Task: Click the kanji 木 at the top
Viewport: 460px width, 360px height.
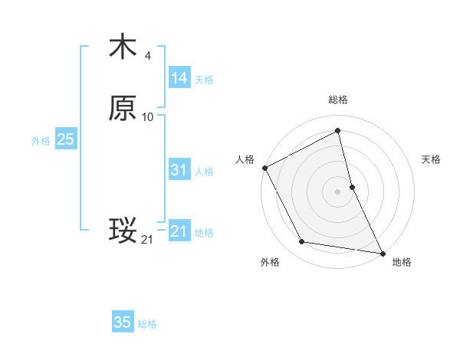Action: coord(123,47)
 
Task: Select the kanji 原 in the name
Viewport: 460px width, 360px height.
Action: coord(123,109)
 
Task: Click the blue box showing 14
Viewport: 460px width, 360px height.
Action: coord(179,78)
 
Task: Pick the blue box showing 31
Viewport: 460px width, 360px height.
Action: coord(179,170)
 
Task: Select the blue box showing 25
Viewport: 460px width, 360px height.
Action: coord(65,139)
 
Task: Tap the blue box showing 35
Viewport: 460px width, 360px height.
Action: coord(123,322)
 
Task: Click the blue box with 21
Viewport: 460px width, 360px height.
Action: coord(179,231)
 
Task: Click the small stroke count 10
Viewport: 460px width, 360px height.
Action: coord(148,117)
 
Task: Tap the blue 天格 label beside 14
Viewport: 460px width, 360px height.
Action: coord(204,80)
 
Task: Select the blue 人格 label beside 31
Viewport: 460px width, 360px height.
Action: coord(204,172)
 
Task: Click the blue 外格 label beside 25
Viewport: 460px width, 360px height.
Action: coord(41,141)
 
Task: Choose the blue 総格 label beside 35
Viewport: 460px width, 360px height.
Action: coord(147,324)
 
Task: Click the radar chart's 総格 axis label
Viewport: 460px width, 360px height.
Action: coord(337,100)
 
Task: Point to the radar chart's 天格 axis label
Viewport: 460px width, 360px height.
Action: coord(432,159)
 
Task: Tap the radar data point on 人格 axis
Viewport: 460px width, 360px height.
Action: coord(264,167)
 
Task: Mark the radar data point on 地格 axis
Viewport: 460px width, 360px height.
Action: coord(382,253)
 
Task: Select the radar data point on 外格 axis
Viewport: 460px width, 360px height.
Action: coord(301,243)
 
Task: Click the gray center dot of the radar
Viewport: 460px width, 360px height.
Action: coord(337,191)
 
